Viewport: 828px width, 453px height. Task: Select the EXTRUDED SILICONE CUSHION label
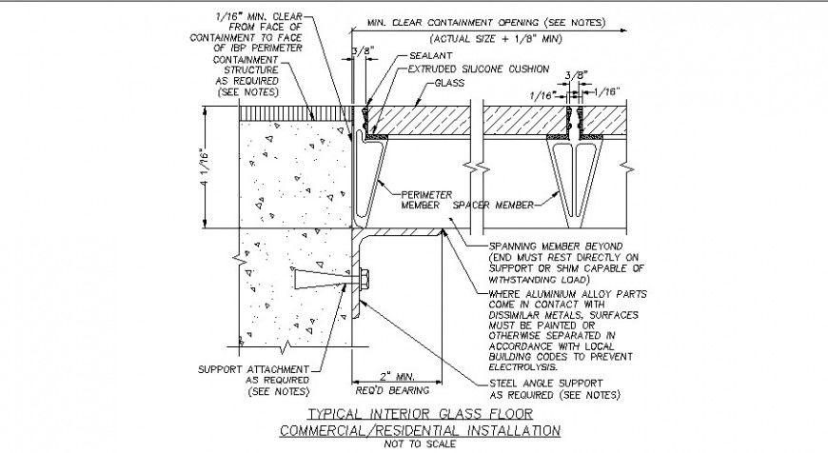[x=479, y=69]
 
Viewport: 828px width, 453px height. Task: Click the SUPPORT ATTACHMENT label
[x=253, y=369]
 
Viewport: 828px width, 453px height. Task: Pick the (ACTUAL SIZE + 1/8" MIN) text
[x=481, y=38]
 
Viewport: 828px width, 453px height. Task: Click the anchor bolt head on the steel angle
[x=366, y=280]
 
